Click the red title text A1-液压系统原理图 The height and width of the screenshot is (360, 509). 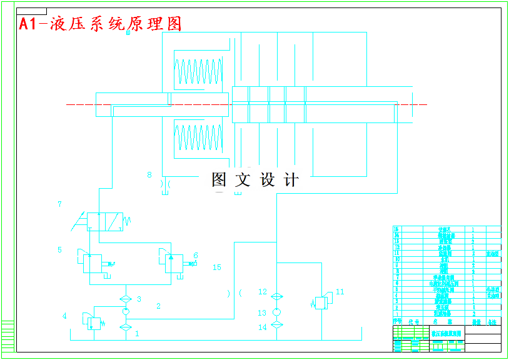point(100,24)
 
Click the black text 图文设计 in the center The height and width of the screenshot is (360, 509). point(255,180)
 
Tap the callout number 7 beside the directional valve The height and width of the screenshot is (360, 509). point(59,204)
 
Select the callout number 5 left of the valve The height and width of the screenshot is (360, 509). point(59,250)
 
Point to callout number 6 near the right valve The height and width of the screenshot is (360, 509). point(196,255)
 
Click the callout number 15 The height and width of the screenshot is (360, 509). point(217,267)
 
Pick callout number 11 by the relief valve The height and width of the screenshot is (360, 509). point(340,291)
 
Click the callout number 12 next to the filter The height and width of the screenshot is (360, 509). point(263,292)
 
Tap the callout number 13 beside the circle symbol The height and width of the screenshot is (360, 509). point(262,312)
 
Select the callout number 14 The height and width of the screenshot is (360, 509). point(262,327)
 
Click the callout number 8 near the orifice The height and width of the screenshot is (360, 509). point(149,175)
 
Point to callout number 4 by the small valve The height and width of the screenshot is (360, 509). point(64,316)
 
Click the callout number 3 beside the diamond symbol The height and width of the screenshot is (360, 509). point(139,299)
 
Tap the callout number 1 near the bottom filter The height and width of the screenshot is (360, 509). point(137,334)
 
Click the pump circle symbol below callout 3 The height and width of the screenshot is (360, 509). point(125,311)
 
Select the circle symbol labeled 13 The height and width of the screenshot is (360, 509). point(278,312)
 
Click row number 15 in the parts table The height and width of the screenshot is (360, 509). point(396,229)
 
